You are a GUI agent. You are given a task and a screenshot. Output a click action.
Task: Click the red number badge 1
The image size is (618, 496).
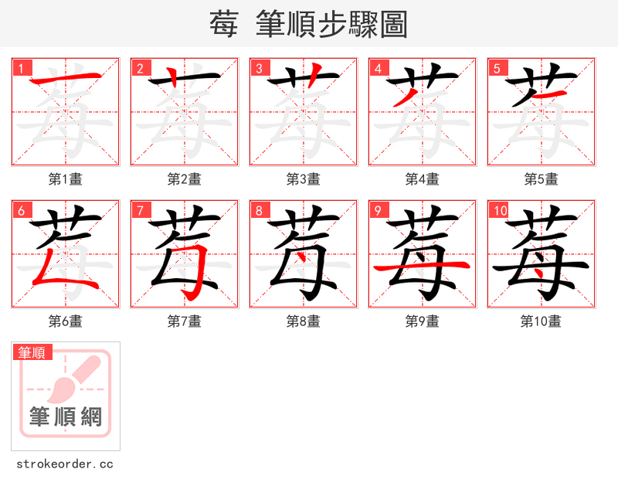[22, 68]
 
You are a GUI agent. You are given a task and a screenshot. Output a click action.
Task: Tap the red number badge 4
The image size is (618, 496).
[379, 68]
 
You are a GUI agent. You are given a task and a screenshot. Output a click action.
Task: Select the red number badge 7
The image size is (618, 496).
[141, 210]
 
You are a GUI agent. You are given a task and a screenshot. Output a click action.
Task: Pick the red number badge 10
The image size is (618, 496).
[499, 210]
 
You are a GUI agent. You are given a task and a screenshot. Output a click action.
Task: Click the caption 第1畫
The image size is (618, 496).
[66, 179]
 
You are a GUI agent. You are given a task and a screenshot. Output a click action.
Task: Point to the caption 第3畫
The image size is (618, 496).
[304, 179]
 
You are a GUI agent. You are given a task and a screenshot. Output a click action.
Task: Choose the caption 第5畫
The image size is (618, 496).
[542, 179]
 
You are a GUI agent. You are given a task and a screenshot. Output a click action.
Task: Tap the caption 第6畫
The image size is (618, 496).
[66, 321]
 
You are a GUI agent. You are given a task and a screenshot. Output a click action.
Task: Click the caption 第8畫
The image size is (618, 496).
[304, 321]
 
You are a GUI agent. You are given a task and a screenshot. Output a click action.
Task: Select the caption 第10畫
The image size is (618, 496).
[542, 321]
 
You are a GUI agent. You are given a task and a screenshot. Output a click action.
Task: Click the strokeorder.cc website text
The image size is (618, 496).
[65, 464]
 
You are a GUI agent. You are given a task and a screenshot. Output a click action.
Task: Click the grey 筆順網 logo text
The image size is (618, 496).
[66, 418]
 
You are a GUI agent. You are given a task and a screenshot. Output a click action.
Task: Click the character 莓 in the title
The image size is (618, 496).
[223, 25]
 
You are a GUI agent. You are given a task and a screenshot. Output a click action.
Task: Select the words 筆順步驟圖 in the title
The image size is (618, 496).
[334, 25]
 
